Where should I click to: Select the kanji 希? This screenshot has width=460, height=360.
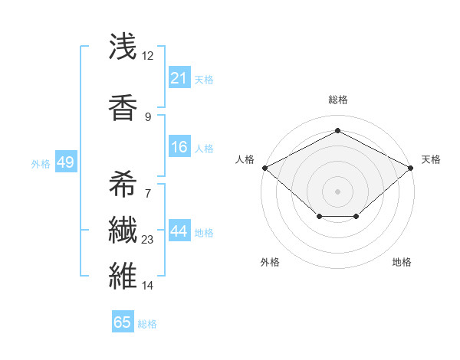click(123, 184)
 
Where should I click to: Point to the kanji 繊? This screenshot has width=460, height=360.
click(123, 231)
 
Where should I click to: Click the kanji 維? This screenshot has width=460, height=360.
click(123, 275)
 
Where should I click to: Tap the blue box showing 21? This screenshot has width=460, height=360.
click(179, 78)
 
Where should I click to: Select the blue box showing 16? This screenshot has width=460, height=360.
click(179, 148)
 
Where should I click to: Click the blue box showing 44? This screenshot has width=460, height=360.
click(179, 232)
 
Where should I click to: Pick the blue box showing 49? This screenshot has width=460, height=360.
click(65, 162)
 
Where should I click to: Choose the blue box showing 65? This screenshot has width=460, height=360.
click(123, 322)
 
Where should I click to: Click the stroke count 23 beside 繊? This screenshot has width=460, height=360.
click(147, 240)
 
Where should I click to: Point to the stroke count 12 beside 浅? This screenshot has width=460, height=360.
click(147, 56)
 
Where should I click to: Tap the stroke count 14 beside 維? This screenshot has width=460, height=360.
click(147, 286)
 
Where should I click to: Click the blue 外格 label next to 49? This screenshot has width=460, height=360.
click(41, 163)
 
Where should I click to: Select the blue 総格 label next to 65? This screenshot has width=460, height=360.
click(147, 323)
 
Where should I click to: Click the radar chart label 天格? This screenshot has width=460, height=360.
click(431, 159)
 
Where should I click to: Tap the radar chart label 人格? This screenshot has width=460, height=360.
click(245, 159)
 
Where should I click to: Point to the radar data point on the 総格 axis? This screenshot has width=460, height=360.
click(337, 130)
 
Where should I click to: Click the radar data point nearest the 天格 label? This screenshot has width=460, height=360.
click(411, 167)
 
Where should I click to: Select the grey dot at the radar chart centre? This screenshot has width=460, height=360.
click(337, 191)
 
